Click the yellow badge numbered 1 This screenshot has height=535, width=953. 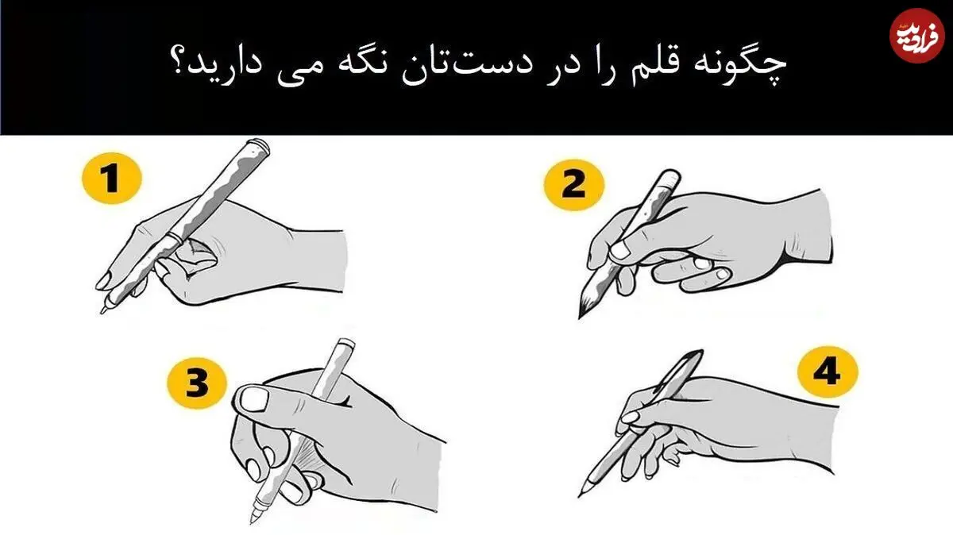click(x=111, y=178)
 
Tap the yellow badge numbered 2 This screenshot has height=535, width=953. click(x=574, y=185)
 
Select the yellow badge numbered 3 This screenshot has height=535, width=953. click(x=197, y=383)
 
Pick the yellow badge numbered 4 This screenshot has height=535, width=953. click(x=828, y=372)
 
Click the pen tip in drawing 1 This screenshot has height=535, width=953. click(x=102, y=312)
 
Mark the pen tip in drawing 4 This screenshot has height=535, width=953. click(x=580, y=495)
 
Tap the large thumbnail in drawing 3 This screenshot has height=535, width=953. click(x=253, y=399)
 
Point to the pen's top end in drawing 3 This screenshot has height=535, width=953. click(x=345, y=343)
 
